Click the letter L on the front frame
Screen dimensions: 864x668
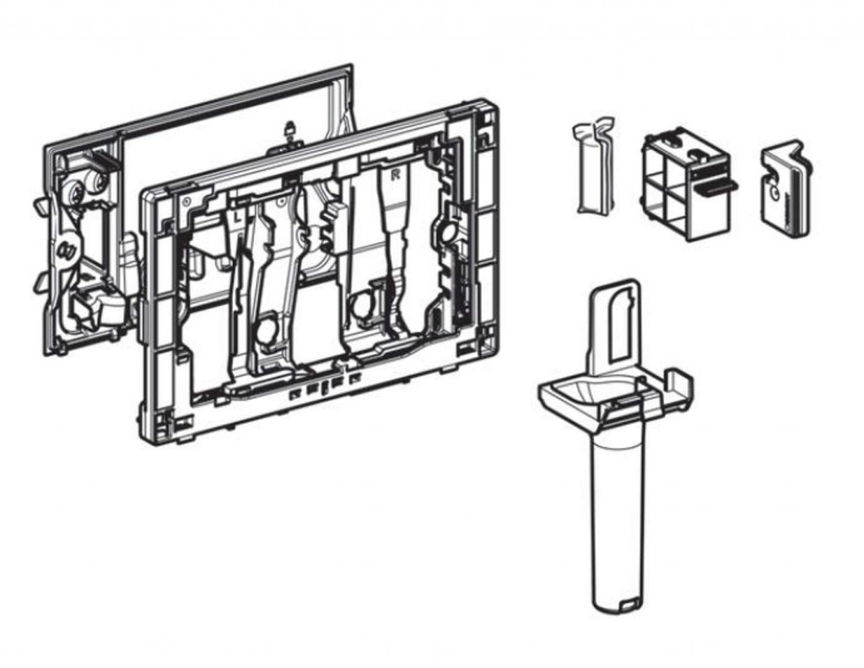[x=238, y=217]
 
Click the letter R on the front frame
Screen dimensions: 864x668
[x=395, y=175]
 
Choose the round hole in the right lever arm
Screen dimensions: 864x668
[x=363, y=304]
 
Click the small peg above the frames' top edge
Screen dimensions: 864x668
[x=289, y=131]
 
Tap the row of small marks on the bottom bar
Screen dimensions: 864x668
[x=325, y=385]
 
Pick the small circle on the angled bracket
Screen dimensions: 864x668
[x=775, y=192]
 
